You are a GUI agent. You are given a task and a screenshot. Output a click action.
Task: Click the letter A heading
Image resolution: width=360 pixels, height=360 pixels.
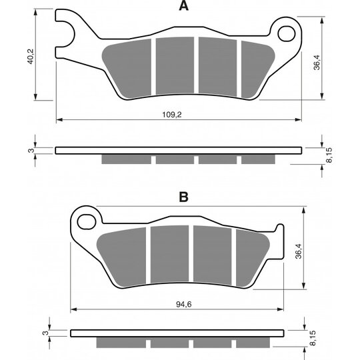click(184, 6)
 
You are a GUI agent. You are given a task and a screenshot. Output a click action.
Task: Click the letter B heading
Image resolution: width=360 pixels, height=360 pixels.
click(184, 197)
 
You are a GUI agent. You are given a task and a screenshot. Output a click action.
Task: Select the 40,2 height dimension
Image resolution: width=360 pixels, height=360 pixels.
click(30, 56)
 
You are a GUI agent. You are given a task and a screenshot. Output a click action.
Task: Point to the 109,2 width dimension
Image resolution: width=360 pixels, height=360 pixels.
click(172, 115)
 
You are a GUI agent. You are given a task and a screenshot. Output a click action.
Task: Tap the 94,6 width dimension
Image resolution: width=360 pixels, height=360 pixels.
click(184, 304)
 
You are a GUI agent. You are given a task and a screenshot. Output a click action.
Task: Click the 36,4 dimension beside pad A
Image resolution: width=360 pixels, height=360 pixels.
click(317, 62)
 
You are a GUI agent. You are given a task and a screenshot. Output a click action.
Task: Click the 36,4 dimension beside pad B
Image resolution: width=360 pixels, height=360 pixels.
click(299, 251)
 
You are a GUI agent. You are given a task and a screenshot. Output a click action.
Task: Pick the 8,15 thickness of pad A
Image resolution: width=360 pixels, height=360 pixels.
click(329, 155)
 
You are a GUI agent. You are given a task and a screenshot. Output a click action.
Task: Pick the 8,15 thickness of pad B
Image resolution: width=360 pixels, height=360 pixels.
click(313, 338)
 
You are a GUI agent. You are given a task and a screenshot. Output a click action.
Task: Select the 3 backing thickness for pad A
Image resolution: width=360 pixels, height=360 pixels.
click(31, 151)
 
